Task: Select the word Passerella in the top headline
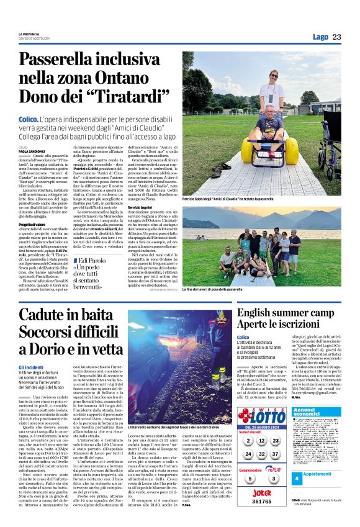click(61, 60)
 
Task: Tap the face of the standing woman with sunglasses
click(274, 76)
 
